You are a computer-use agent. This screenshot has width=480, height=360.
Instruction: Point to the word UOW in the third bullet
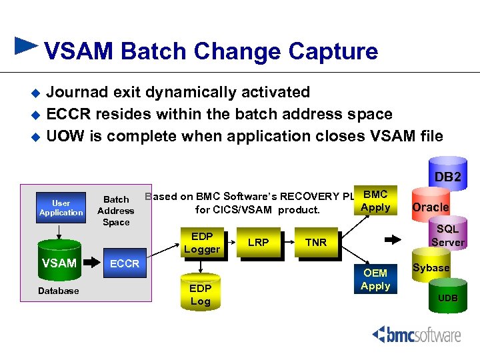tap(64, 136)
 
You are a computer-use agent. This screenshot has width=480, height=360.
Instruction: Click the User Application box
tap(61, 207)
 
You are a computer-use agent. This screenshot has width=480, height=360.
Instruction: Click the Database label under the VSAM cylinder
tap(59, 291)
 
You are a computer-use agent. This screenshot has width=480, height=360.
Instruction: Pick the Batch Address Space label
tap(116, 211)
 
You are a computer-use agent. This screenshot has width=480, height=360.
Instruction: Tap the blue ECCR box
tap(125, 264)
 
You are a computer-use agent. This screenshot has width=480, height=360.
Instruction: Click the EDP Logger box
tap(201, 243)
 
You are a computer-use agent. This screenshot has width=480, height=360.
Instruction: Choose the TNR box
tap(315, 243)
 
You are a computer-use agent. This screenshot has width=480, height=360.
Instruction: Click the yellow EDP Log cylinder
tap(200, 292)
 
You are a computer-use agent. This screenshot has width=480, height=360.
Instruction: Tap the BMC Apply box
tap(375, 201)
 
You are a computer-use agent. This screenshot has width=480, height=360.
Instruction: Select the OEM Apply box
tap(375, 279)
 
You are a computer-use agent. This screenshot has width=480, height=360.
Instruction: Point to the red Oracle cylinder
tap(430, 207)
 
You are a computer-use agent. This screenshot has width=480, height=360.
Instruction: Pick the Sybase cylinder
tap(431, 268)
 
